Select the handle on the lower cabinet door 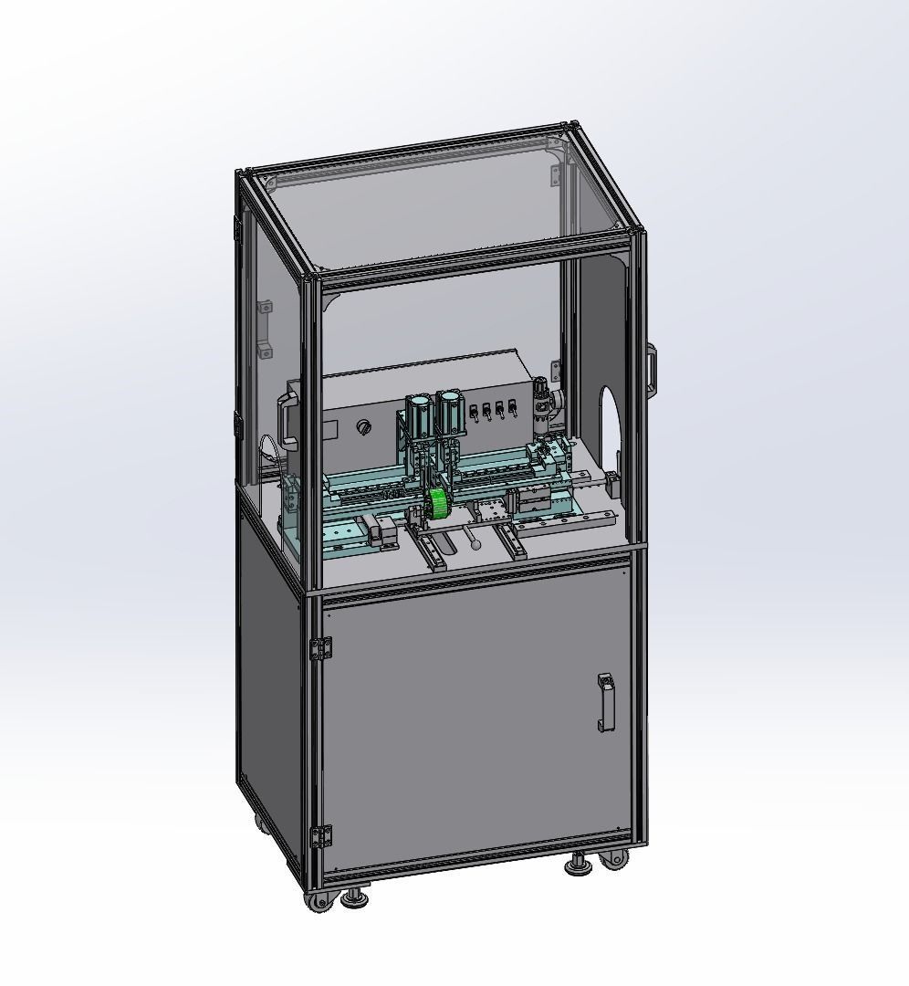[605, 702]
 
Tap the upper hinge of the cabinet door [320, 648]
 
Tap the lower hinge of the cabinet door [320, 835]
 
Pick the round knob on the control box [366, 426]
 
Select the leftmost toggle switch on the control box [474, 413]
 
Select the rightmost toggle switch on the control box [514, 408]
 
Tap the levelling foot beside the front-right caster [578, 863]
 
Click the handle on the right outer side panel [652, 369]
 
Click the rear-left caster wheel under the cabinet [262, 825]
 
